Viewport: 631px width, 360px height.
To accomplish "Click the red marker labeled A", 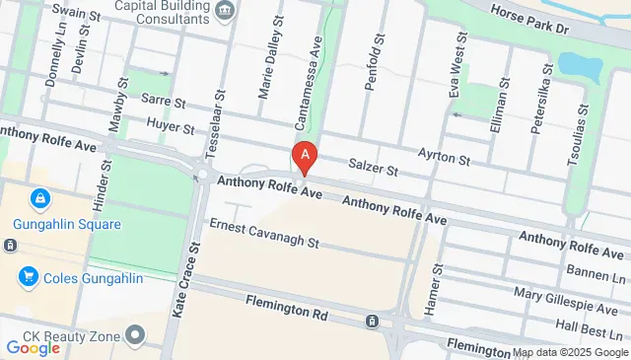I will point(306,155).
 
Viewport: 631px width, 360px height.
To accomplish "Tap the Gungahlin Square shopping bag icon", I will point(39,200).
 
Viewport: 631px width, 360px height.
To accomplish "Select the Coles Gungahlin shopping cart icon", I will point(27,277).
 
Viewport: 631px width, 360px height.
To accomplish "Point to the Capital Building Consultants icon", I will point(226,11).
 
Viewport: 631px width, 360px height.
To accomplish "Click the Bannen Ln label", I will point(597,269).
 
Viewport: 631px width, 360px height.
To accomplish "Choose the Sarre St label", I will point(163,101).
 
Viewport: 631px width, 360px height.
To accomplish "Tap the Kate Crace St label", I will point(180,280).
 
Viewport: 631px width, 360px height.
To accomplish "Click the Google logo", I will point(34,347).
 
